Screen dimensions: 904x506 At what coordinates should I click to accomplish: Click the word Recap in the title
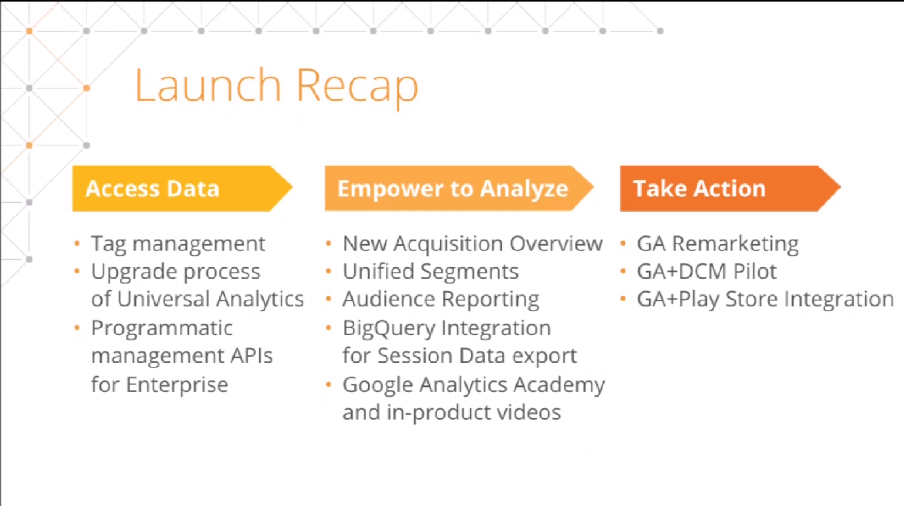coord(358,88)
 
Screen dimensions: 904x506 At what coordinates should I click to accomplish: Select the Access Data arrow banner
coord(183,188)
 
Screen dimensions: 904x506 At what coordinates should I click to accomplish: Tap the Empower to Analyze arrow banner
coord(459,188)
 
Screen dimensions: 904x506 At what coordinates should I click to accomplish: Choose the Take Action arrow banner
coord(730,188)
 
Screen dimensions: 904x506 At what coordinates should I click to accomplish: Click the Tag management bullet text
coord(178,244)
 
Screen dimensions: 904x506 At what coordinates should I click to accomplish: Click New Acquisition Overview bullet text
coord(473,244)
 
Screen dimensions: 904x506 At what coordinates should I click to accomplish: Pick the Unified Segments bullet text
coord(431,272)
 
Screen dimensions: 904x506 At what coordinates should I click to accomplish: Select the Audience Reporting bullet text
coord(441,300)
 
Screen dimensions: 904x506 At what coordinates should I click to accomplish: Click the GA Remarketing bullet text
coord(718,244)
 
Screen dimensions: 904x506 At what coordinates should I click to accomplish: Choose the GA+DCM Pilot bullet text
coord(707,271)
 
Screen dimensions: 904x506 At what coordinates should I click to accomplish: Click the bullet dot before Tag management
coord(77,244)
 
